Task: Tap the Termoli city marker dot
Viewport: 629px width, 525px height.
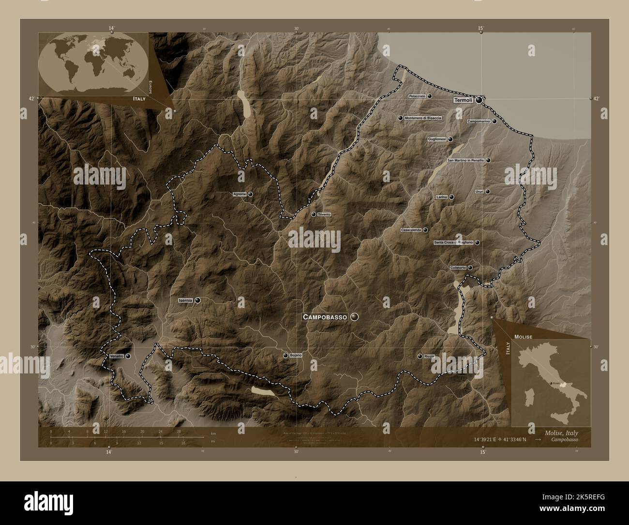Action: pyautogui.click(x=479, y=100)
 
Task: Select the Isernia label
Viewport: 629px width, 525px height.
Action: pyautogui.click(x=186, y=300)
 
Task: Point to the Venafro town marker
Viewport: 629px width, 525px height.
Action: pyautogui.click(x=128, y=356)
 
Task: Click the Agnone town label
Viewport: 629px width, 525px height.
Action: pyautogui.click(x=240, y=194)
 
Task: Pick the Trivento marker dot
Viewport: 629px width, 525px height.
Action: pyautogui.click(x=314, y=214)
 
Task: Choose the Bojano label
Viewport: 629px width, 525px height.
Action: pyautogui.click(x=296, y=355)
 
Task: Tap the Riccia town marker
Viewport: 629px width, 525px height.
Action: pyautogui.click(x=420, y=356)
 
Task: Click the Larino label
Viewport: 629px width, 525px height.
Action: pyautogui.click(x=441, y=197)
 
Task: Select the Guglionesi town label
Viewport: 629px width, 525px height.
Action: pyautogui.click(x=437, y=139)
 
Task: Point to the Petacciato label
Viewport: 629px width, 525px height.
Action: pyautogui.click(x=417, y=96)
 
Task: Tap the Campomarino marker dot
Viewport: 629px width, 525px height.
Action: pyautogui.click(x=494, y=121)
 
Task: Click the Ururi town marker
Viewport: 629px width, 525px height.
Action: pyautogui.click(x=488, y=191)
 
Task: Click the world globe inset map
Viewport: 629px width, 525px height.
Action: pyautogui.click(x=93, y=64)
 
